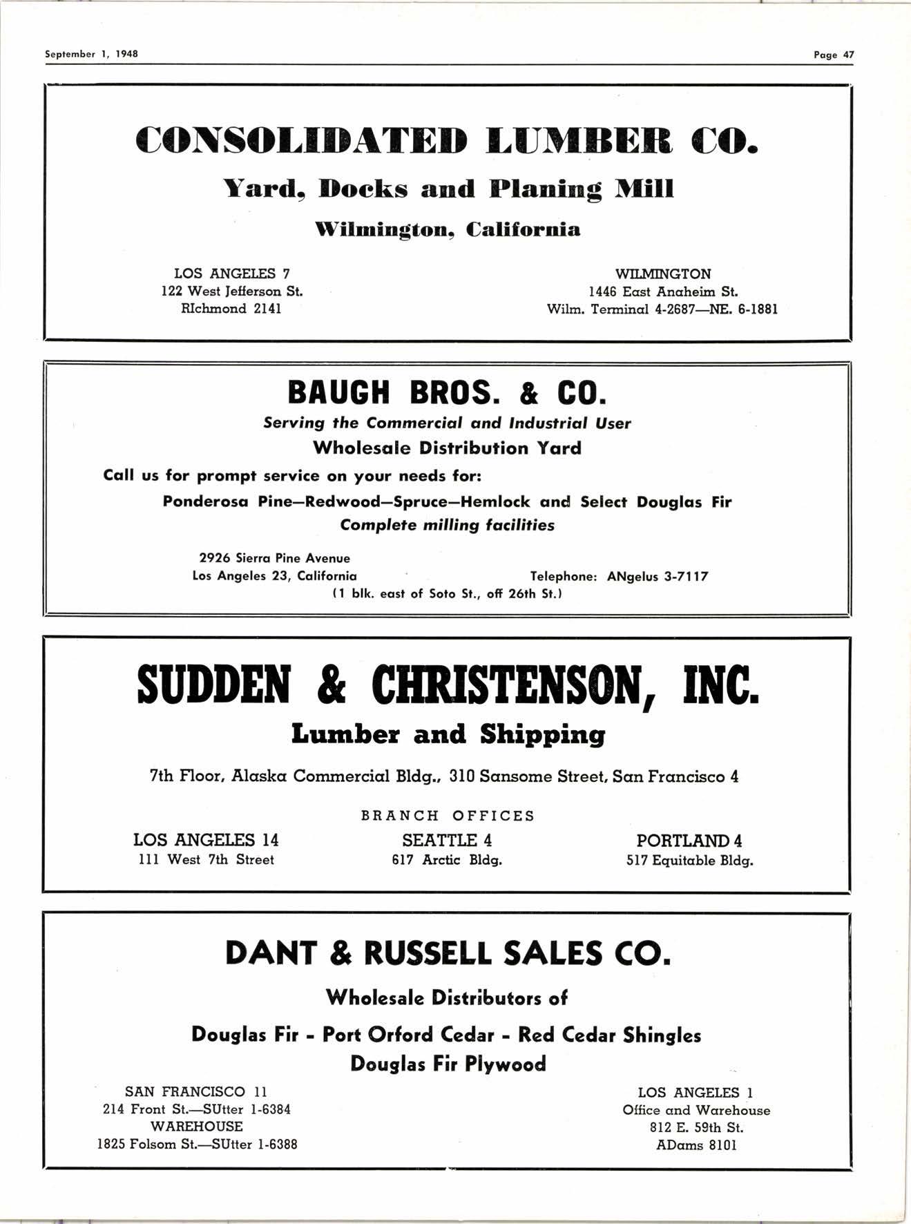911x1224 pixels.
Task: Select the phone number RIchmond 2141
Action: click(231, 309)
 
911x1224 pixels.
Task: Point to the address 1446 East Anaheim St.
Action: click(663, 291)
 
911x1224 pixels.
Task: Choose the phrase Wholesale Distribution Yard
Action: click(447, 448)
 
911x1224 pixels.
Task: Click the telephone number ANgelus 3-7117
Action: click(658, 576)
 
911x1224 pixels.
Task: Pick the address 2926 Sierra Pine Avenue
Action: click(274, 558)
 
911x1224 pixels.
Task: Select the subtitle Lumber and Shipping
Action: click(448, 734)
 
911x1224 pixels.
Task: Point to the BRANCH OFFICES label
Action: click(448, 816)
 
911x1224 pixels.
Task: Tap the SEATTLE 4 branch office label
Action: click(447, 841)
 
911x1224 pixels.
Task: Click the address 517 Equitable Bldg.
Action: click(689, 861)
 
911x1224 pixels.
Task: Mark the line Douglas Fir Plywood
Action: click(448, 1064)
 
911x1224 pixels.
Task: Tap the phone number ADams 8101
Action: click(696, 1145)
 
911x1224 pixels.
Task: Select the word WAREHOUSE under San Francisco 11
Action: click(197, 1127)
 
